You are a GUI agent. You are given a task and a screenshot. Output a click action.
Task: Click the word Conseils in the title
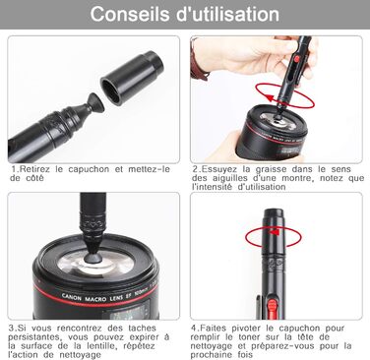130,14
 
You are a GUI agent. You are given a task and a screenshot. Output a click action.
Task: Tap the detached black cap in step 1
132,78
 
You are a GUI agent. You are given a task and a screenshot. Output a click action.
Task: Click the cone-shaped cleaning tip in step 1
95,103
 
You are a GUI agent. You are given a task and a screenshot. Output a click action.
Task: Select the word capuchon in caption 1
89,169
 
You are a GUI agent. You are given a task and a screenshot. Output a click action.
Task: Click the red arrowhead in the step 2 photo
270,97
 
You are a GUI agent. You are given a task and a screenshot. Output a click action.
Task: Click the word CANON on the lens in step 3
72,297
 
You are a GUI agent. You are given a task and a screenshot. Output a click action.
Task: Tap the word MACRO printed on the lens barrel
95,299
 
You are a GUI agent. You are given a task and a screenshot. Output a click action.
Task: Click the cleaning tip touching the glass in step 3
93,252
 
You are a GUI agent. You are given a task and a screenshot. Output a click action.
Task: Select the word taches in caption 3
143,329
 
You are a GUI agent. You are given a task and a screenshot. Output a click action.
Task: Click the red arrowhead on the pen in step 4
275,232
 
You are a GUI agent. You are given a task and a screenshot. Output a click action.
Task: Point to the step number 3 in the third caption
12,329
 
